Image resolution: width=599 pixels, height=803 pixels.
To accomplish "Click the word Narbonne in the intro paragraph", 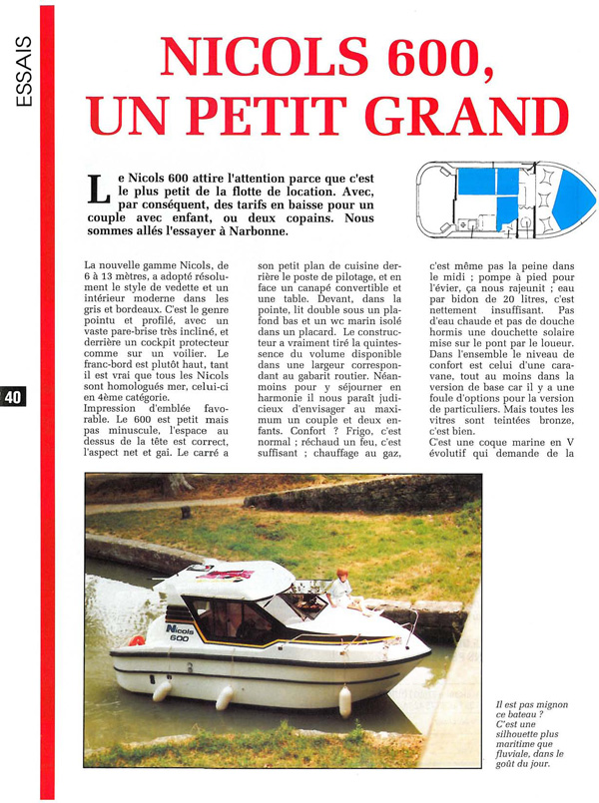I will click(254, 230).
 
